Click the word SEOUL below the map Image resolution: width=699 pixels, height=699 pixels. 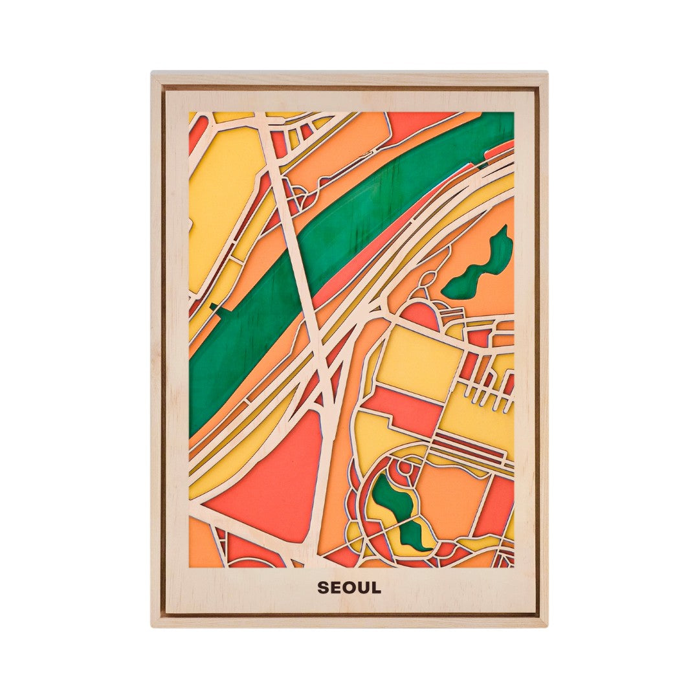pos(349,588)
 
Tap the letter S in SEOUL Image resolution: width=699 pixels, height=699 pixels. pos(322,588)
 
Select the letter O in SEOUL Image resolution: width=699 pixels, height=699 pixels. pos(349,588)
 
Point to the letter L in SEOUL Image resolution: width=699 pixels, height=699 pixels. pos(376,588)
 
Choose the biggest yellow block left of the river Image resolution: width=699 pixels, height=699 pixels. pos(220,194)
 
